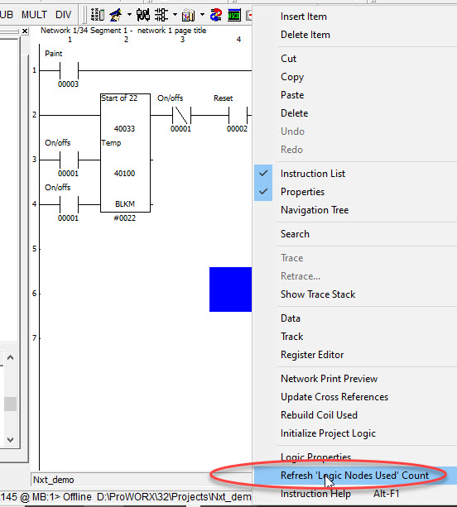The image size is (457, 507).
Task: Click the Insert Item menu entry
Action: click(304, 17)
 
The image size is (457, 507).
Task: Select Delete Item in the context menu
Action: click(305, 35)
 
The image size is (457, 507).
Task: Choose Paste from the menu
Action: click(292, 95)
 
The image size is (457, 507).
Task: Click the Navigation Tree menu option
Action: click(315, 210)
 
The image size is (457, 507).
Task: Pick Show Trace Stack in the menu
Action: click(318, 294)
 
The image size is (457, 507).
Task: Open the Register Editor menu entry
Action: click(312, 355)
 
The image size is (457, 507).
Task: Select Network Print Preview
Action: click(330, 379)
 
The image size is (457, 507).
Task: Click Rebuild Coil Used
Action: click(319, 415)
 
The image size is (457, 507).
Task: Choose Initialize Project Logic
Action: click(328, 433)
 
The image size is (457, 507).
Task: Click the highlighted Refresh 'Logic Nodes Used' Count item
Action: click(354, 476)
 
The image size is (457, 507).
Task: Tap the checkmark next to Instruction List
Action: click(263, 174)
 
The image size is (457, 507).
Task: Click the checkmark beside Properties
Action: click(263, 191)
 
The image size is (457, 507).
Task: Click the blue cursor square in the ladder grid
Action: click(230, 289)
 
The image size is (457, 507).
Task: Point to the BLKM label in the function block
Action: click(125, 204)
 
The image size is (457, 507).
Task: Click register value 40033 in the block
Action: click(124, 129)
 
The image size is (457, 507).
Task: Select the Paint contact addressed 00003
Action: click(69, 70)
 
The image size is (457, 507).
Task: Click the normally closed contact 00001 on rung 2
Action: click(181, 115)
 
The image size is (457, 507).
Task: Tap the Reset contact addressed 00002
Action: click(238, 115)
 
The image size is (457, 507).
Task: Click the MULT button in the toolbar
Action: click(34, 15)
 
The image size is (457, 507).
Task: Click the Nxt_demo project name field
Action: click(54, 480)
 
